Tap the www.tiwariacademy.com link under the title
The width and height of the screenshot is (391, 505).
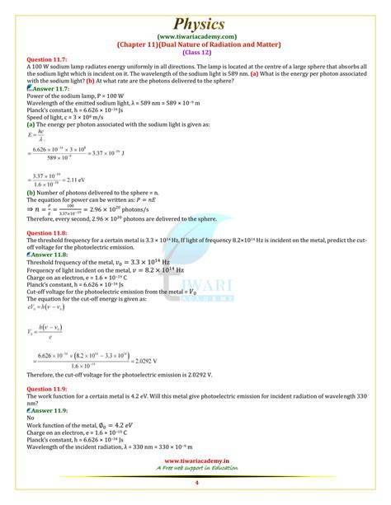(x=195, y=35)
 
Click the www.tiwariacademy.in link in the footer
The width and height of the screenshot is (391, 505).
(x=195, y=485)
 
